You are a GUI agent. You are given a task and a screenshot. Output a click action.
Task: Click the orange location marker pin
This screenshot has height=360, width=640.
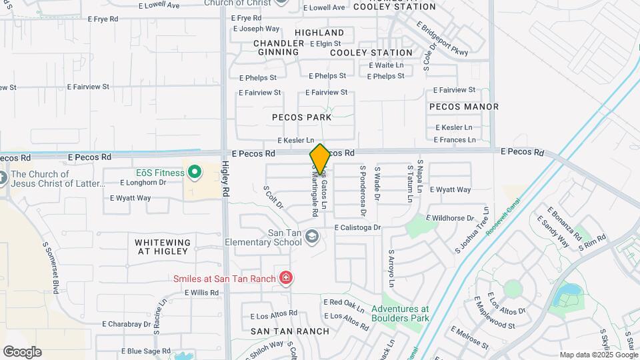tap(320, 159)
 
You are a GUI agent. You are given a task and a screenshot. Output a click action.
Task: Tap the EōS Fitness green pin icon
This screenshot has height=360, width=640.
tap(195, 173)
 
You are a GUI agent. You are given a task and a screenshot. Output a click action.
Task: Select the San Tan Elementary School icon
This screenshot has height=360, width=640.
tap(311, 237)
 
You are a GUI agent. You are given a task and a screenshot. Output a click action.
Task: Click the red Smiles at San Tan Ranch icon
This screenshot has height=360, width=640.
tap(285, 277)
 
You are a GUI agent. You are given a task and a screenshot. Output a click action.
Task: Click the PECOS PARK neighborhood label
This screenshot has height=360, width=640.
tap(302, 117)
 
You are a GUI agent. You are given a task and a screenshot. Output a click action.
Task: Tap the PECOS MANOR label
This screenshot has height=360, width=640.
tap(464, 107)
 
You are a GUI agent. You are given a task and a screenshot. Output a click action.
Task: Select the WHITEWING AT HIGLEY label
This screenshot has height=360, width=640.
tap(163, 247)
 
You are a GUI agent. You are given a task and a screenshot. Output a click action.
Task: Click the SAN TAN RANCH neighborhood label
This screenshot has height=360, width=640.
tap(290, 331)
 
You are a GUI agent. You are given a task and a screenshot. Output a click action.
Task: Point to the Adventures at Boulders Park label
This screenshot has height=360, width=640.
tap(400, 313)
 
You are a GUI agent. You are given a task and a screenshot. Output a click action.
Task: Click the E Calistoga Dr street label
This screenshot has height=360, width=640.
tap(357, 227)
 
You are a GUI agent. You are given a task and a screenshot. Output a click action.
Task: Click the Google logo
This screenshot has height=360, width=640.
tap(22, 352)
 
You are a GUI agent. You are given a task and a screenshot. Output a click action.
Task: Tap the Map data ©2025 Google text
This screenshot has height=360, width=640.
tap(597, 355)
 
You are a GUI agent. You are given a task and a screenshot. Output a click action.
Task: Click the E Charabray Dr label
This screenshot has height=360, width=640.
tap(127, 324)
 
